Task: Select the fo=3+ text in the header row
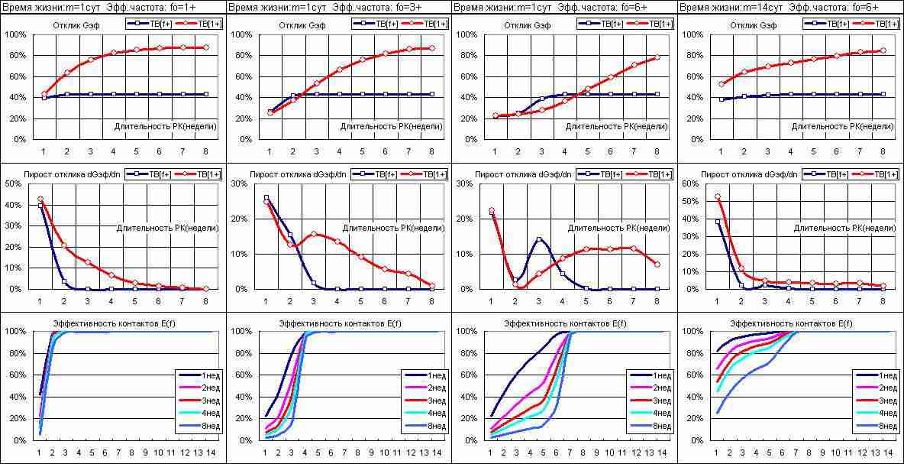click(x=427, y=7)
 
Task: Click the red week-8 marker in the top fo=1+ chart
click(x=205, y=47)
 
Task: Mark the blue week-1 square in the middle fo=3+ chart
click(x=266, y=198)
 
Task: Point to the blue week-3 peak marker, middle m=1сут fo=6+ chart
click(x=539, y=239)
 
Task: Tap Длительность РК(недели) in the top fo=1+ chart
click(x=165, y=125)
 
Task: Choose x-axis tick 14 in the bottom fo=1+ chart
click(x=211, y=453)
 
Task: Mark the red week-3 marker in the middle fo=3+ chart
click(x=313, y=234)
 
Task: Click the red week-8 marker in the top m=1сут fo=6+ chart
click(x=657, y=57)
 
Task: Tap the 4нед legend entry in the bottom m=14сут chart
click(x=883, y=414)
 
